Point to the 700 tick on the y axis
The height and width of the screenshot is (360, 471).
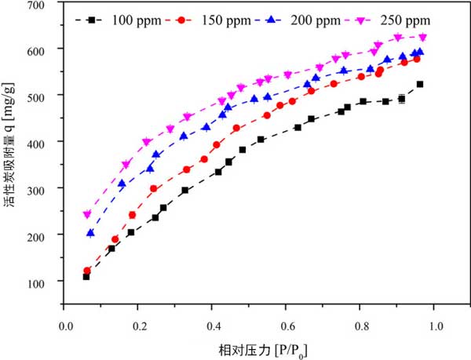pos(48,5)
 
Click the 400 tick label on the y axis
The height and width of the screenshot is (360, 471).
pos(48,142)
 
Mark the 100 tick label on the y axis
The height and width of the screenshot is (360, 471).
pos(48,282)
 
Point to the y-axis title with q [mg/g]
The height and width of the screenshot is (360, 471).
pos(10,165)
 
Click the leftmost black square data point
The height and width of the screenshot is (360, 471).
pos(86,276)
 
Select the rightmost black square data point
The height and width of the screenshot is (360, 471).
pos(420,84)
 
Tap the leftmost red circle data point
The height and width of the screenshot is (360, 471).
pos(87,271)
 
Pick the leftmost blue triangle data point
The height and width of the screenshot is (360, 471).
pos(90,233)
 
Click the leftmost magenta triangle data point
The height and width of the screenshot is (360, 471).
pos(87,214)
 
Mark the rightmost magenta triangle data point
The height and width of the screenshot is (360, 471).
pos(423,37)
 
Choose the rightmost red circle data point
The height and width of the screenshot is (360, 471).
pos(417,59)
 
